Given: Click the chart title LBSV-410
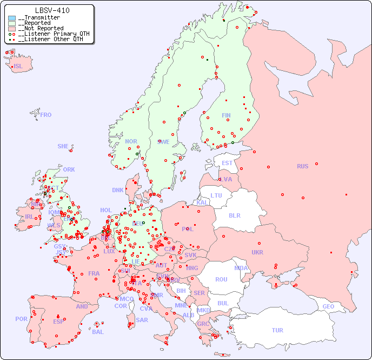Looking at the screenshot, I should pyautogui.click(x=52, y=10).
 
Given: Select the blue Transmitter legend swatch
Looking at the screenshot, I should pyautogui.click(x=12, y=18).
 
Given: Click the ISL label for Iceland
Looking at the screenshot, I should pyautogui.click(x=18, y=67).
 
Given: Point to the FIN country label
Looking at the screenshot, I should pyautogui.click(x=226, y=115).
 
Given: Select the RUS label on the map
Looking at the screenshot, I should pyautogui.click(x=302, y=166).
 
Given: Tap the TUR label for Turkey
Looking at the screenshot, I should pyautogui.click(x=277, y=330).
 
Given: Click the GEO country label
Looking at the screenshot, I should pyautogui.click(x=328, y=306).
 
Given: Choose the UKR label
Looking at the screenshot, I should pyautogui.click(x=257, y=252).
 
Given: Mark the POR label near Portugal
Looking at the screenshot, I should pyautogui.click(x=21, y=319).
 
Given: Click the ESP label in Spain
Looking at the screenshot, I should pyautogui.click(x=58, y=321).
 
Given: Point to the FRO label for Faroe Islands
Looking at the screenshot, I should pyautogui.click(x=46, y=115).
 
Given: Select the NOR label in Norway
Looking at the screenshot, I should pyautogui.click(x=131, y=141).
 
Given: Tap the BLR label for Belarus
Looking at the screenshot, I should pyautogui.click(x=234, y=215).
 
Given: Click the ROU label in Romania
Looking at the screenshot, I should pyautogui.click(x=221, y=279).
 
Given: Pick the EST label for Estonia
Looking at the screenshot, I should pyautogui.click(x=227, y=163).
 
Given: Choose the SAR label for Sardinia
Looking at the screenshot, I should pyautogui.click(x=142, y=320).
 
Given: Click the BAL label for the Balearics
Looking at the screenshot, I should pyautogui.click(x=97, y=332).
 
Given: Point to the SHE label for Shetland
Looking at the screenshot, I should pyautogui.click(x=63, y=146).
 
